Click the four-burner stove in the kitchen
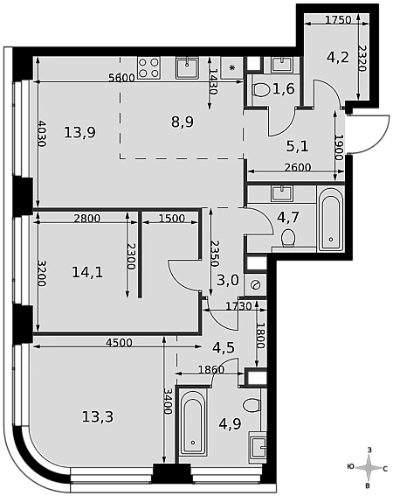[x=148, y=67]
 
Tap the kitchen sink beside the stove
[x=187, y=67]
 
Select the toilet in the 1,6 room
[x=260, y=90]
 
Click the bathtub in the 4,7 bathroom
[x=330, y=219]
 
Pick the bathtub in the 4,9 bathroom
[x=193, y=424]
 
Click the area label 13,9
[x=80, y=132]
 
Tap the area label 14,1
[x=87, y=272]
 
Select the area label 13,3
[x=98, y=416]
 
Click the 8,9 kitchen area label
[x=183, y=122]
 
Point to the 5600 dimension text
[x=121, y=78]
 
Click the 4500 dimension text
[x=119, y=342]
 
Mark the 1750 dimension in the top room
[x=338, y=19]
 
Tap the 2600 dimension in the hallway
[x=298, y=167]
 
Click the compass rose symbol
[x=369, y=468]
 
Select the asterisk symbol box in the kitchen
[x=232, y=67]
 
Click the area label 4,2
[x=338, y=57]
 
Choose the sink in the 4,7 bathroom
[x=282, y=193]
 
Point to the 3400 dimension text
[x=168, y=402]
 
